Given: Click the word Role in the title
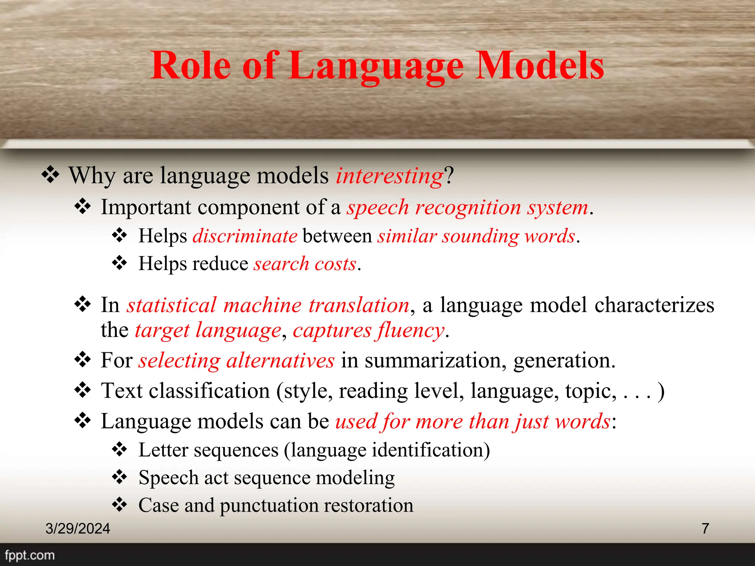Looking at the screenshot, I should tap(191, 66).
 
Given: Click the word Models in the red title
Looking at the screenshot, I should tap(539, 66).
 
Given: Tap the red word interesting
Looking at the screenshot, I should tap(389, 175).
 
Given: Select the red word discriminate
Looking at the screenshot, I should tap(245, 236).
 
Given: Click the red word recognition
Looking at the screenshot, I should tap(468, 207).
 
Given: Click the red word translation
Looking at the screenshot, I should tap(359, 305).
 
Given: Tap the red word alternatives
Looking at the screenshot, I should tap(280, 360).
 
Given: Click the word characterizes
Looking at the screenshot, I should tap(654, 305).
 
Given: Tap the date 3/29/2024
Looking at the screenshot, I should tap(77, 528).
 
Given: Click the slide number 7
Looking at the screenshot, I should tap(705, 528).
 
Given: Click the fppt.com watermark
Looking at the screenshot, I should tap(29, 555).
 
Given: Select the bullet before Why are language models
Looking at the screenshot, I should tap(50, 175).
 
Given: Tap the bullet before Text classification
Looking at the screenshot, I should tap(83, 390).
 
